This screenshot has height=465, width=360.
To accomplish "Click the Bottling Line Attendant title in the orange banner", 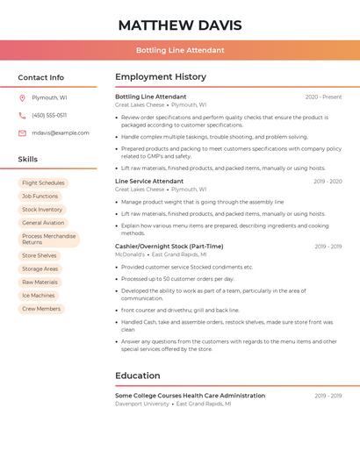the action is click(180, 50).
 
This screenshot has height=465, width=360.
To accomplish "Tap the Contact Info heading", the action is click(41, 77).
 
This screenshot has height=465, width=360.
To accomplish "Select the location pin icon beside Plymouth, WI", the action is click(22, 98).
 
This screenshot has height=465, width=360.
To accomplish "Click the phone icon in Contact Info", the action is click(22, 115).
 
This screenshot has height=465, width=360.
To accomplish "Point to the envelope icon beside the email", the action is click(22, 132).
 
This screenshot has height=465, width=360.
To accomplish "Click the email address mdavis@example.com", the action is click(61, 132).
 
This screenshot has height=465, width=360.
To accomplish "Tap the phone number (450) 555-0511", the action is click(49, 115).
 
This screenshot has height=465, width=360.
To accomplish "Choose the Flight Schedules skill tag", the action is click(43, 183).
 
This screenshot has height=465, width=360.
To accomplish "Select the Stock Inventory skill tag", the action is click(42, 210).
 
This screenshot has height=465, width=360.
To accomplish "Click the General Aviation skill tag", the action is click(43, 223).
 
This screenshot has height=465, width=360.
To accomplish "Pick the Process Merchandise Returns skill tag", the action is click(48, 239).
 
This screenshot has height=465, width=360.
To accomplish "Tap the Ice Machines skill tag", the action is click(38, 296).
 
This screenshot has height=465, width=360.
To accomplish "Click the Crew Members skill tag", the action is click(41, 309).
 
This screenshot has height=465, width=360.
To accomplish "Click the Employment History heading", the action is click(161, 77).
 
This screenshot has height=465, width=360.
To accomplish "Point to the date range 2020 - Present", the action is click(323, 97).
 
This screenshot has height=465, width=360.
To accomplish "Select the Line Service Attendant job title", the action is click(149, 181).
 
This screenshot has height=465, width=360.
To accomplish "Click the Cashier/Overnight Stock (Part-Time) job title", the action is click(169, 247).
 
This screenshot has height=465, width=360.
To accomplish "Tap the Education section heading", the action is click(138, 376).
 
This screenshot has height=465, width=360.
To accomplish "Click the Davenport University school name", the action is click(142, 404).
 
